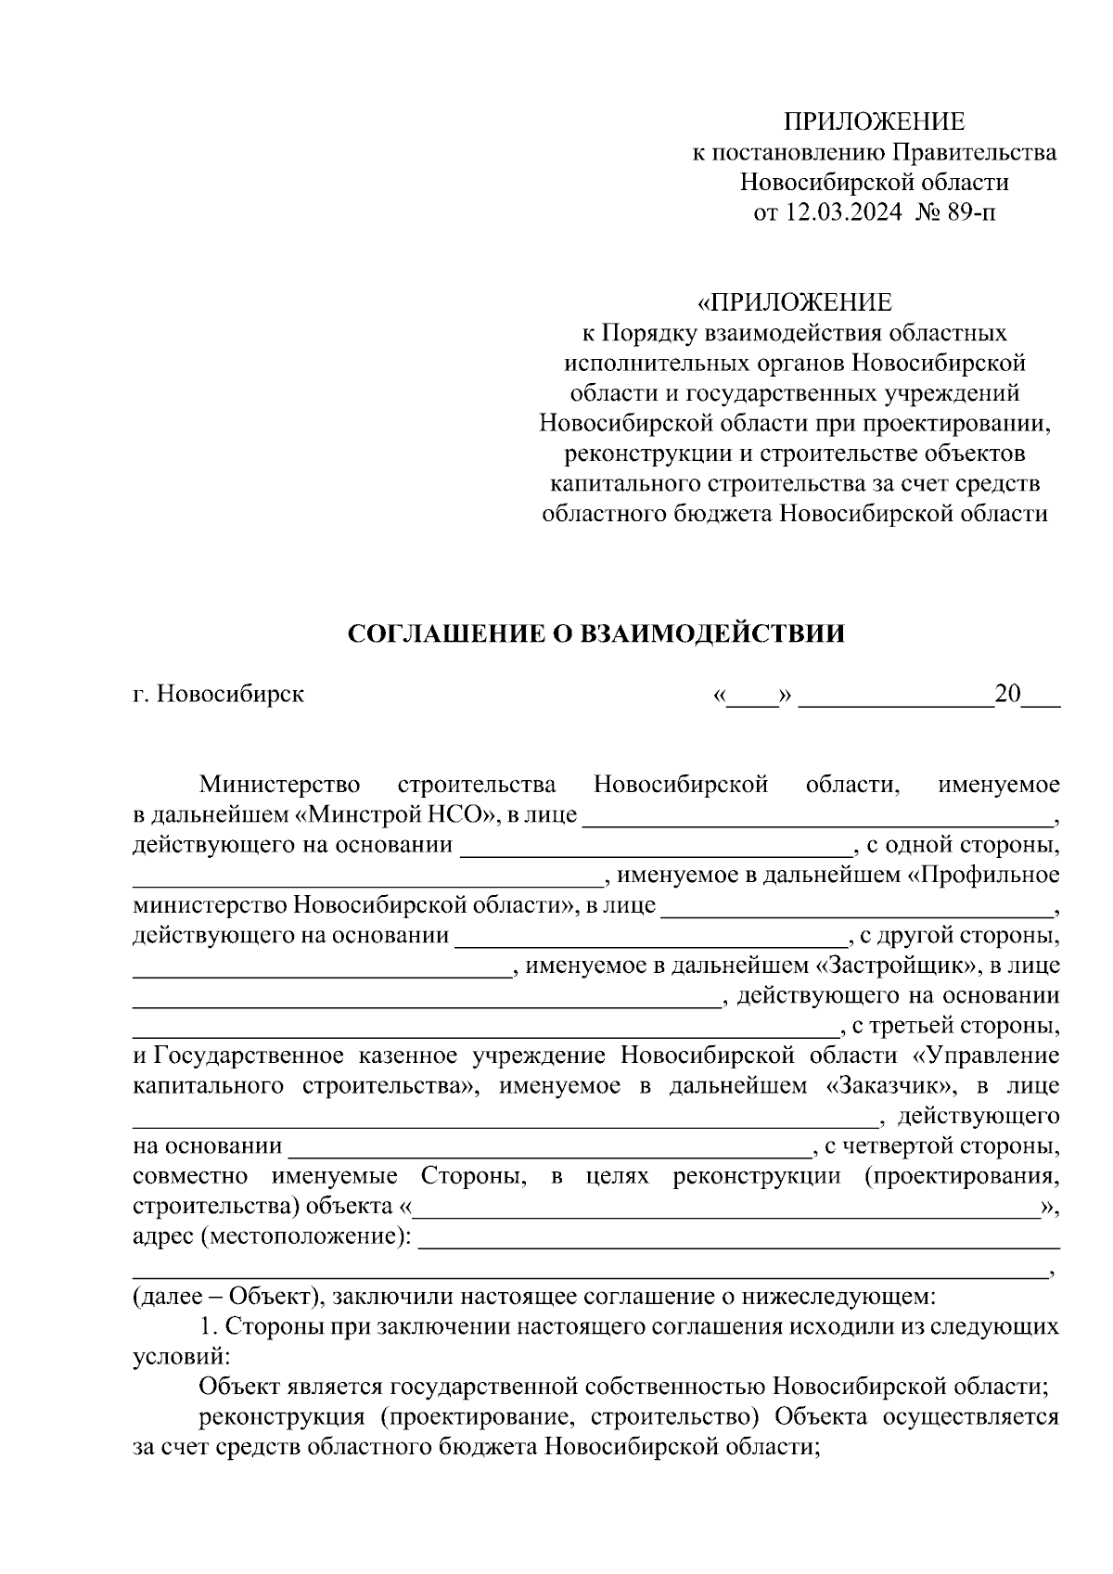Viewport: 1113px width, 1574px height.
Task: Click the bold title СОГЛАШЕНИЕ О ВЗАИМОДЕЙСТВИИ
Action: click(596, 634)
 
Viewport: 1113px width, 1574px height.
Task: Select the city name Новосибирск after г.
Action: click(230, 694)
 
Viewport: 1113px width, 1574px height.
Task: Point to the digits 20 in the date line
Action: click(1007, 694)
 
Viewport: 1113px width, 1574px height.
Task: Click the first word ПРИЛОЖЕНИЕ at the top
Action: click(874, 122)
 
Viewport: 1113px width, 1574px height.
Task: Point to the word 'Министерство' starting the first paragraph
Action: click(280, 785)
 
